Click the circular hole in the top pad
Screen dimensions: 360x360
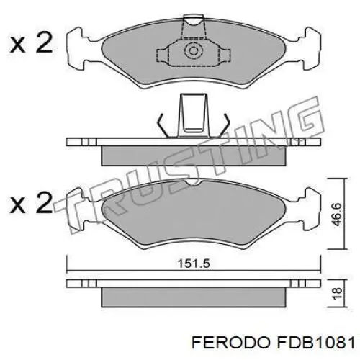(x=193, y=50)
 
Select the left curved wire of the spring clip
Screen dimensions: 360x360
(x=163, y=124)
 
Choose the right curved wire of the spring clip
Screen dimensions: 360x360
(x=223, y=124)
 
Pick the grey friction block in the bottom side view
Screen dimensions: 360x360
(x=193, y=295)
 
